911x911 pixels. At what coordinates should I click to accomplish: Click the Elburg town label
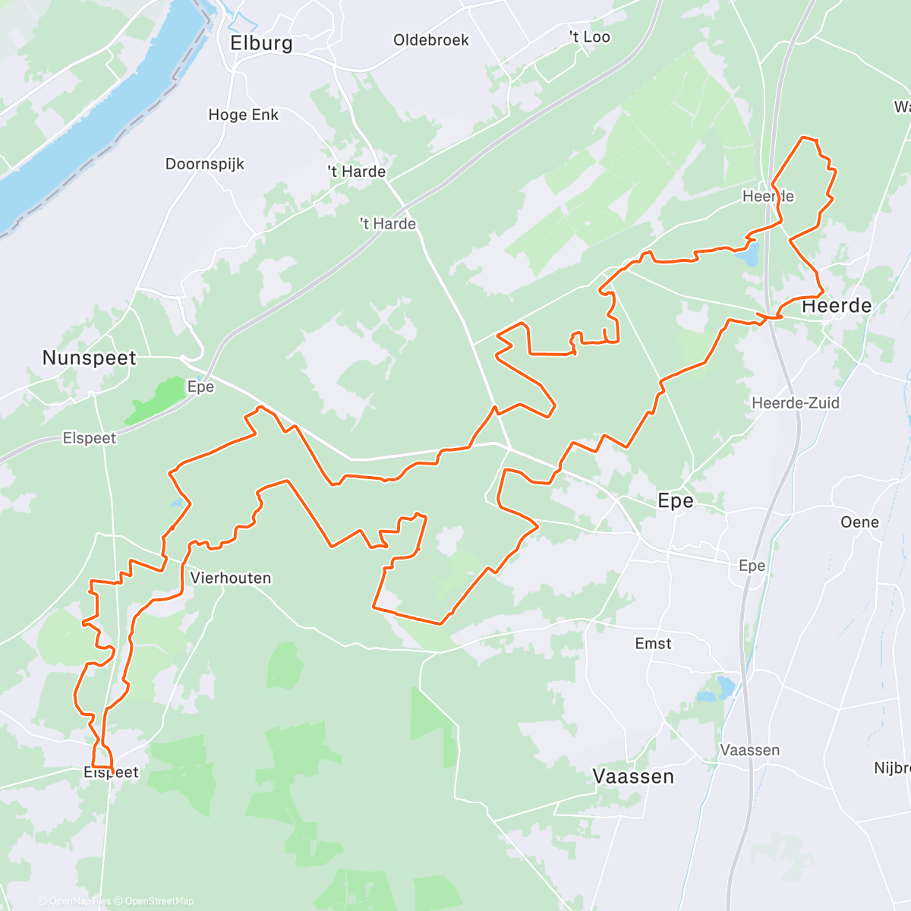click(x=261, y=43)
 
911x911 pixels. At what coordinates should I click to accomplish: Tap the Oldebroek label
click(x=431, y=40)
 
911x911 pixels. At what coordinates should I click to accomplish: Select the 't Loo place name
click(x=590, y=37)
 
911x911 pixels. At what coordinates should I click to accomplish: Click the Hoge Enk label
click(x=244, y=115)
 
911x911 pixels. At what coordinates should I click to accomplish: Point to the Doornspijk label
click(x=205, y=164)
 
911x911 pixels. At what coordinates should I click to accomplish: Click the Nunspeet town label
click(x=90, y=358)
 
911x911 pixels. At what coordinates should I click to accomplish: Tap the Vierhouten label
click(x=231, y=578)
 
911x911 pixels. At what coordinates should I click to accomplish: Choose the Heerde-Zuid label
click(x=796, y=403)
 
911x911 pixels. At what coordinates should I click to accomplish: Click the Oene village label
click(x=859, y=522)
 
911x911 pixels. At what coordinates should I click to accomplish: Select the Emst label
click(x=653, y=644)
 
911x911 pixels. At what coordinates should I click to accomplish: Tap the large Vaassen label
click(x=633, y=777)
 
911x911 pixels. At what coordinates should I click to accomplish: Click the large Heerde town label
click(x=837, y=306)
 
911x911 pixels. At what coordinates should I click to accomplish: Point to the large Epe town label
click(x=675, y=501)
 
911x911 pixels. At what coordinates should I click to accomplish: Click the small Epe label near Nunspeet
click(x=200, y=387)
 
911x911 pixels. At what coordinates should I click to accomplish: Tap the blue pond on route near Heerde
click(x=749, y=254)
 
